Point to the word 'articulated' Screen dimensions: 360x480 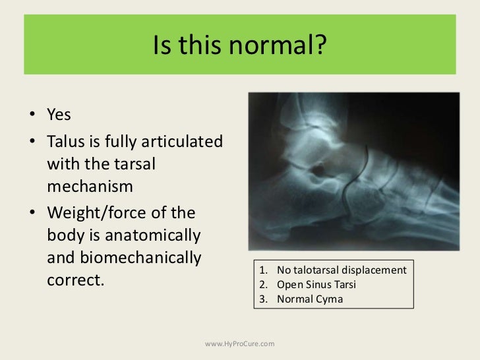pos(179,142)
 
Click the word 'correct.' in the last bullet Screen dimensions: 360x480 pos(76,280)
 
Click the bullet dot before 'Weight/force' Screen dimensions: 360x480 pos(32,213)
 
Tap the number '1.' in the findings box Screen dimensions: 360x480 pos(263,271)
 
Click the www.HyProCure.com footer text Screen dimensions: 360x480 pos(239,344)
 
